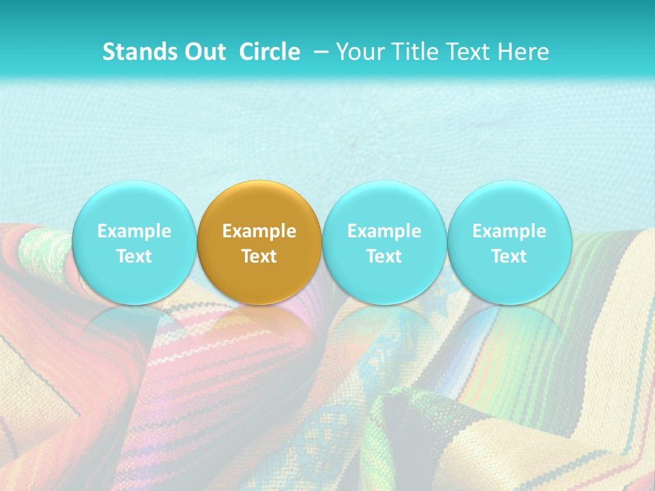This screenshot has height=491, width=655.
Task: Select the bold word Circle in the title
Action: point(270,53)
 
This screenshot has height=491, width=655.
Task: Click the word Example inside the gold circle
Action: point(259,231)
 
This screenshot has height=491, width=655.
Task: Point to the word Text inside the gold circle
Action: point(259,256)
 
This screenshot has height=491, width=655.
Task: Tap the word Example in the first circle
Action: point(134,231)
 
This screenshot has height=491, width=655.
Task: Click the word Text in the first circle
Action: point(134,256)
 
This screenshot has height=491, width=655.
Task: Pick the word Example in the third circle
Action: point(384,231)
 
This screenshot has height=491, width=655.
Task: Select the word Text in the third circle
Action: point(384,256)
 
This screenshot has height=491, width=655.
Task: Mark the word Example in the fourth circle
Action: point(509,231)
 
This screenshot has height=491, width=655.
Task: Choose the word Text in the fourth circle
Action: point(509,256)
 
